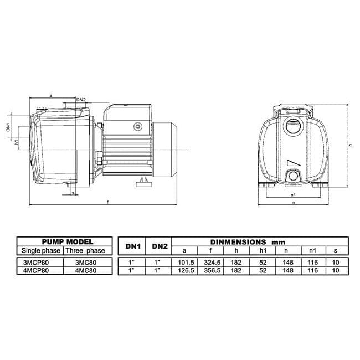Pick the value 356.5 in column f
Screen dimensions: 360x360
tap(213, 271)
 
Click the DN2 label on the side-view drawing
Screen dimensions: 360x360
tap(81, 100)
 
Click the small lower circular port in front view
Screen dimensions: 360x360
tap(292, 177)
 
